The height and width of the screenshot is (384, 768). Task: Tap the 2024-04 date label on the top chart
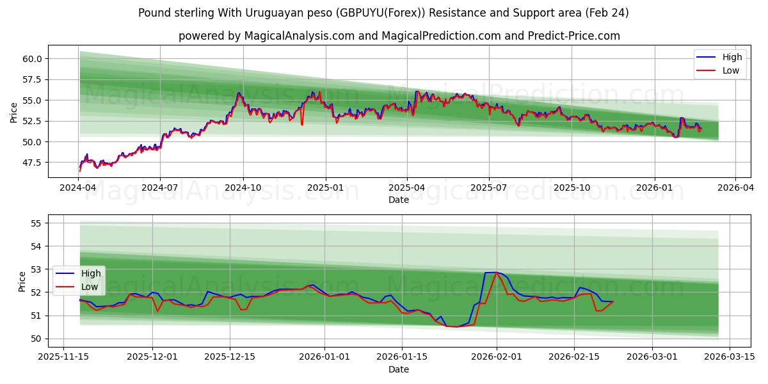point(79,189)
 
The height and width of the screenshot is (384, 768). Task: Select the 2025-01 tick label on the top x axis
point(325,189)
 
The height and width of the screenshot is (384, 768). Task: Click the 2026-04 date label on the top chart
point(735,189)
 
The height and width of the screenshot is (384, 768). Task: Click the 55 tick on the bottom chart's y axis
point(36,223)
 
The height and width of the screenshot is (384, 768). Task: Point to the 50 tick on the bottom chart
point(36,339)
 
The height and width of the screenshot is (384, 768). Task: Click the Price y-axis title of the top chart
point(14,113)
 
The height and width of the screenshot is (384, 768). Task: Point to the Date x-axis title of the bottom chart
point(399,369)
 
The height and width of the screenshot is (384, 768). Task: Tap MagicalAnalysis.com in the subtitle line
point(299,36)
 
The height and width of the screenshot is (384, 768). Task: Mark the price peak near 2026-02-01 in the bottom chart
point(496,273)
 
